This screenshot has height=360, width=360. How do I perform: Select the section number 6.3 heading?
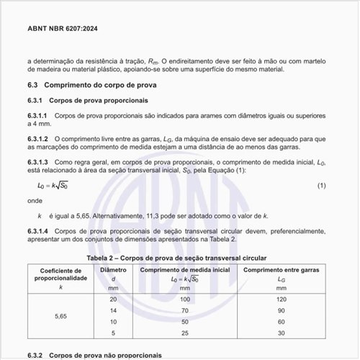(x=33, y=85)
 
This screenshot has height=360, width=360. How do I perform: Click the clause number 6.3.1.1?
(x=37, y=115)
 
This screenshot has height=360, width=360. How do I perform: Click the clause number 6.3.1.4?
(x=37, y=232)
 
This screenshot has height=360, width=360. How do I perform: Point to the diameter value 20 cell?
(x=112, y=298)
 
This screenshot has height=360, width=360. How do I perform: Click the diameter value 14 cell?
(x=112, y=310)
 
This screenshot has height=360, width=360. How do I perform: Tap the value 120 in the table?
(x=282, y=298)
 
